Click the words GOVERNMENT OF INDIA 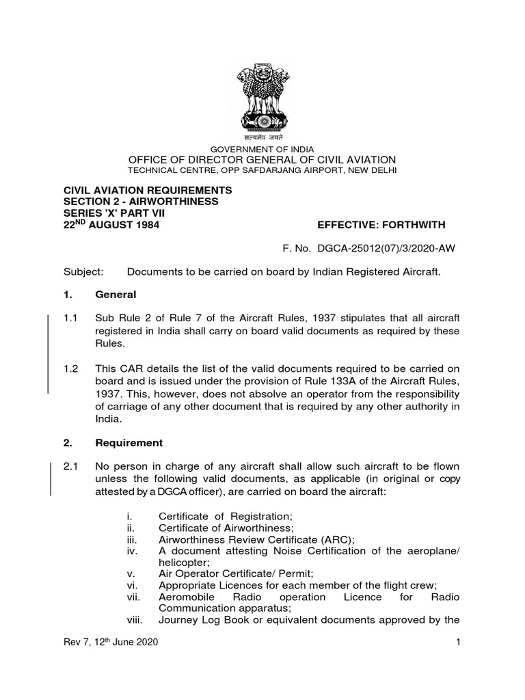[x=262, y=149]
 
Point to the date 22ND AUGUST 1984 [x=111, y=225]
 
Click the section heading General [x=116, y=295]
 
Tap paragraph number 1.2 [x=71, y=367]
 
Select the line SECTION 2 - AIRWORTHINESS [x=141, y=201]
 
